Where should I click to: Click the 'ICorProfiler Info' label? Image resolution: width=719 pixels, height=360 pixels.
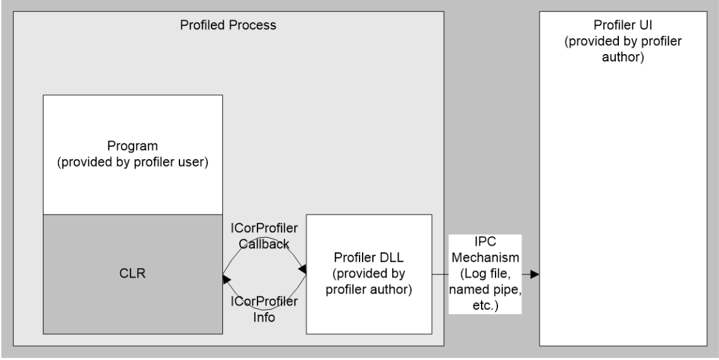264,309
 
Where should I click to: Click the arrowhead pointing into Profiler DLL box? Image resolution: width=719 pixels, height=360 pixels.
302,269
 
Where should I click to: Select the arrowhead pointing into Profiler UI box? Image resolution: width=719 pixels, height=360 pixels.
535,274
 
